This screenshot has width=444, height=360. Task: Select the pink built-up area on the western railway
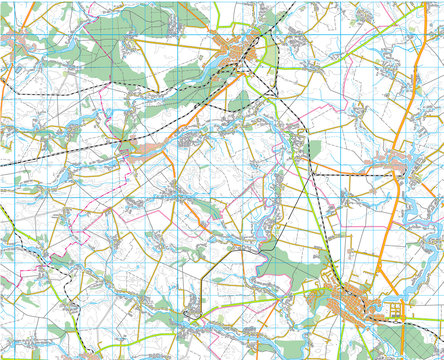[140, 149]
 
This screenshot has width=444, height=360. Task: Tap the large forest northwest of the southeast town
[285, 265]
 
